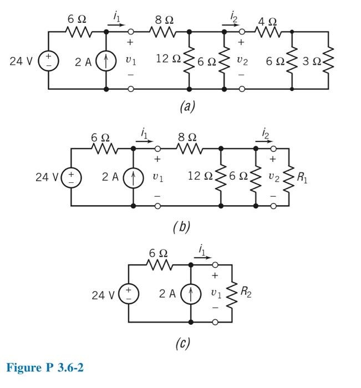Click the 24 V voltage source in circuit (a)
pos(48,61)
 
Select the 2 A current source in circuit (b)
pos(133,177)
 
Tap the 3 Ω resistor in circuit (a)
pos(328,60)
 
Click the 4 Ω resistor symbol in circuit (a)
pos(268,32)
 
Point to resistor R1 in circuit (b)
pos(289,177)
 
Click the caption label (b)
pos(179,227)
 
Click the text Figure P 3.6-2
pos(45,368)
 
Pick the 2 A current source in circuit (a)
pos(106,61)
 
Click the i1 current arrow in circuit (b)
pos(144,141)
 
